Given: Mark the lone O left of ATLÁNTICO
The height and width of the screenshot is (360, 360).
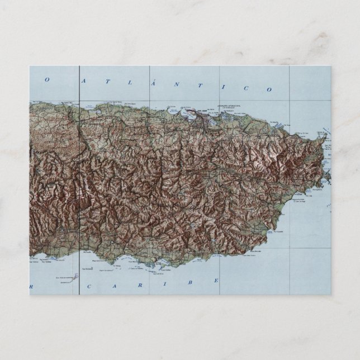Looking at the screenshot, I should tap(47, 80).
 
